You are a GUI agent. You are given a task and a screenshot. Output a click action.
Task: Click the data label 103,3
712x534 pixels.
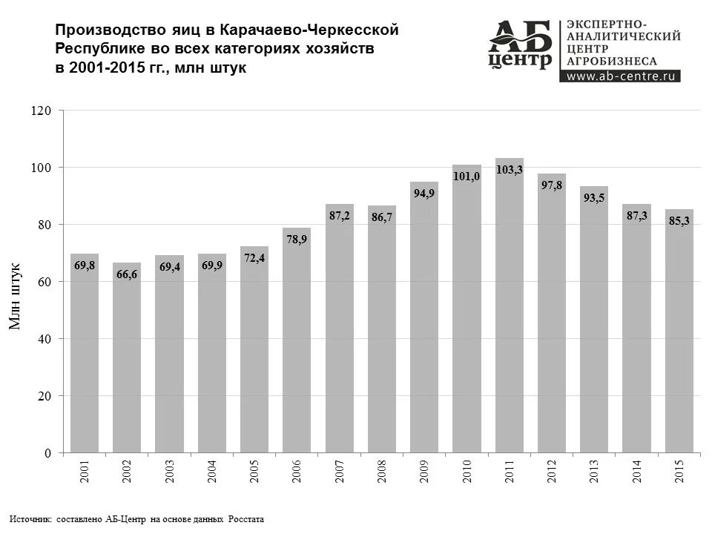click(510, 170)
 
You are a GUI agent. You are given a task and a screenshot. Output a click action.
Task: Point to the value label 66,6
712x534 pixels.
click(127, 274)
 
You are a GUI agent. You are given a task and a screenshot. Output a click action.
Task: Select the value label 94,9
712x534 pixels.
click(424, 194)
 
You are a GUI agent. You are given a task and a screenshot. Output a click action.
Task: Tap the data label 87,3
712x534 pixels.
click(637, 215)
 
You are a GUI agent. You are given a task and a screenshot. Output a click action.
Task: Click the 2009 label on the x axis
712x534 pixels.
click(425, 472)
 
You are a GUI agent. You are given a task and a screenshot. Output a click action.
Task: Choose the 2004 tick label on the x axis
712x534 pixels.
click(212, 472)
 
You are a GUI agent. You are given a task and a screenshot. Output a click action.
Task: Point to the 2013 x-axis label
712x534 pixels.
click(595, 472)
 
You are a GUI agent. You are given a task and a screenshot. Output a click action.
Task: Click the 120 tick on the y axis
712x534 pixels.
click(42, 111)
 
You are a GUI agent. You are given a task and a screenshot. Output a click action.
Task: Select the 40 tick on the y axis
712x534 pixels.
click(44, 339)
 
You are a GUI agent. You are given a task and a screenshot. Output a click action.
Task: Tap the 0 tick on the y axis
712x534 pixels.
click(47, 453)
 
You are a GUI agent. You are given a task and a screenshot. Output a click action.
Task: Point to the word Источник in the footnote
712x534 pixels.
click(30, 519)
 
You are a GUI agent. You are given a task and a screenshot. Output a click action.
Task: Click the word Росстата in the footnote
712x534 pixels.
click(245, 519)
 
